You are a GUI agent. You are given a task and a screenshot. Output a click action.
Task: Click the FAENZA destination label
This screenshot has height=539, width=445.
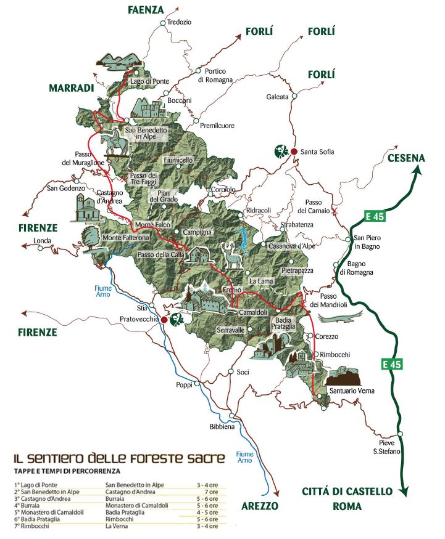pos(146,10)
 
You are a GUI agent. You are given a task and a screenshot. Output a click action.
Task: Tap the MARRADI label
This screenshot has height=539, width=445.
pos(71,88)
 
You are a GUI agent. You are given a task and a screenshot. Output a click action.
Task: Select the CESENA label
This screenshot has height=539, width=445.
pos(406,158)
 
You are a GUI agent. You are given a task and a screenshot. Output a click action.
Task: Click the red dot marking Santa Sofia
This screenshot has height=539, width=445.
pos(294,151)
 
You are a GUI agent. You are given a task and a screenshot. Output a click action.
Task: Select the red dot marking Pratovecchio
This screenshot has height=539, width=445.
pos(164,320)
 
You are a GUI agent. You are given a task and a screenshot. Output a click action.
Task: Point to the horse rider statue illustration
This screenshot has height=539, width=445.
pos(117,144)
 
